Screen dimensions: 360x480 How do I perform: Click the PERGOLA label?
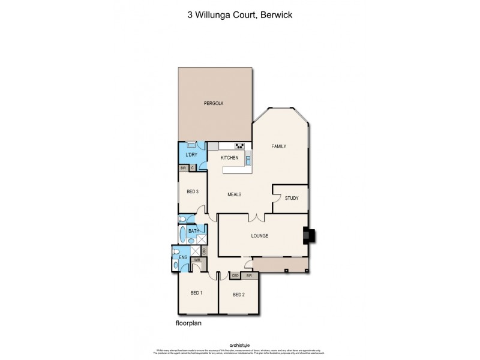coord(213,103)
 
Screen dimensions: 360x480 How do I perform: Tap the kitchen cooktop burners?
coord(239,146)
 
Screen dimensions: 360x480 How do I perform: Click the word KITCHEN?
coord(230,158)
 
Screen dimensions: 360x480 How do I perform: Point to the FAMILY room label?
coord(278,146)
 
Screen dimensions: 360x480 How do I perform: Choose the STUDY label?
coord(292,198)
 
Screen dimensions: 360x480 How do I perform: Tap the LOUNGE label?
coord(259,236)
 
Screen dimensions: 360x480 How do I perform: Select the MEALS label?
coord(235,194)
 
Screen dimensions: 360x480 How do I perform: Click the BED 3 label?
coord(192,191)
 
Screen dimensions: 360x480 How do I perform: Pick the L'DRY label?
coord(191,155)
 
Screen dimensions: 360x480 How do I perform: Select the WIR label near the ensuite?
coord(196,260)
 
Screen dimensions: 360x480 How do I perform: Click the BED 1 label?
coord(196,293)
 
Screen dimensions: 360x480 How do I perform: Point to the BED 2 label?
coord(238,295)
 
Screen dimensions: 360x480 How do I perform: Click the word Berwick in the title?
coord(277,15)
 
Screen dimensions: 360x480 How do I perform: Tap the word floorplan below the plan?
coord(188,323)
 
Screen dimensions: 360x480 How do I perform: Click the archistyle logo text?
coord(240,345)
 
